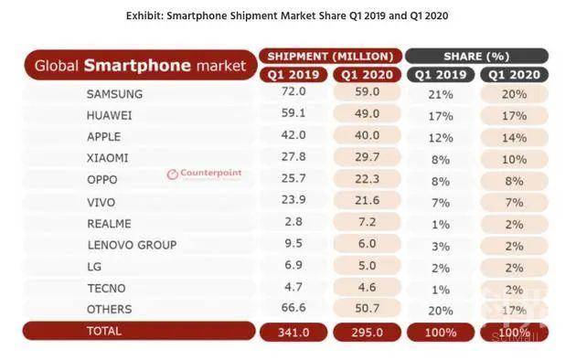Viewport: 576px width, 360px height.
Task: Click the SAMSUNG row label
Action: coord(114,94)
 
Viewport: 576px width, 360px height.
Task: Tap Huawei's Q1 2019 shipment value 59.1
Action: coord(293,112)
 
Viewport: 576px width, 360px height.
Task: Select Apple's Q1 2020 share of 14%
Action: coord(514,138)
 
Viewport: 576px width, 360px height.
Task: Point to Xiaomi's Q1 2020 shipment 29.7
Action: coord(367,157)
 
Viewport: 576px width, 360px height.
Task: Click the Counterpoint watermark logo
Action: coord(204,174)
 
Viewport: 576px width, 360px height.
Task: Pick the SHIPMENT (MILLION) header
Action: coord(330,57)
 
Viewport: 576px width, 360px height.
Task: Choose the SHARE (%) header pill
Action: coord(476,57)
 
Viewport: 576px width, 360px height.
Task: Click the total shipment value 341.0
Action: coord(293,333)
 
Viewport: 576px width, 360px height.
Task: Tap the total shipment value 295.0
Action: coord(367,333)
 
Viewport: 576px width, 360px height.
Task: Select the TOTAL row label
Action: coord(104,331)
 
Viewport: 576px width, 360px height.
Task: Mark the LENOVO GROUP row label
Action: coord(132,245)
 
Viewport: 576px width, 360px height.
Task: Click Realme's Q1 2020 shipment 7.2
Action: coord(367,222)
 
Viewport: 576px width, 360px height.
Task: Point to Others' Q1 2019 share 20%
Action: coord(441,311)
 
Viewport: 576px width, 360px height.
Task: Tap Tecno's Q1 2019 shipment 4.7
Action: coord(293,287)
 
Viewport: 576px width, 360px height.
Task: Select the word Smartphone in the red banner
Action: coord(137,66)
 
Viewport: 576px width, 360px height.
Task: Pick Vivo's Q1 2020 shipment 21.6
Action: coord(367,200)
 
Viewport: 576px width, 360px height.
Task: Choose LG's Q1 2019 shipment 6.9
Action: coord(293,265)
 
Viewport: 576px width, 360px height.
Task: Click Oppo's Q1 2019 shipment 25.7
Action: coord(293,179)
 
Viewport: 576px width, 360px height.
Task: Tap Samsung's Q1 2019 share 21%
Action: coord(441,95)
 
